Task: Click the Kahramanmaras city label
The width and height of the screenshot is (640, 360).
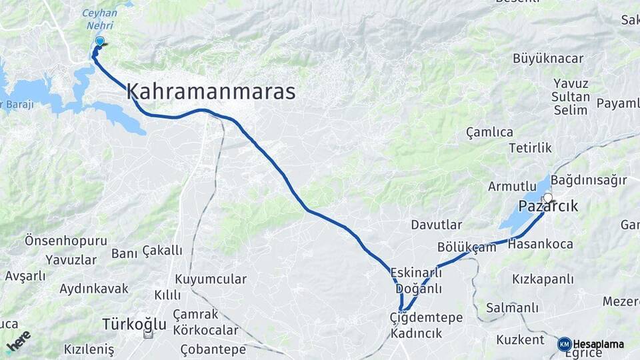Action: (211, 92)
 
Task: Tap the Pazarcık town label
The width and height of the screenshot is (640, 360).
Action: (548, 207)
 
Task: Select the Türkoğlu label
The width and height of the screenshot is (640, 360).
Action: (134, 325)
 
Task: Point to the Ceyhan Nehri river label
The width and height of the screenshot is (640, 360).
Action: (99, 19)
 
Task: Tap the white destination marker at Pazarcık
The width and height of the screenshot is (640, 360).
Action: (548, 197)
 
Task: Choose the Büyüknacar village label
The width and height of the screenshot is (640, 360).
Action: (548, 59)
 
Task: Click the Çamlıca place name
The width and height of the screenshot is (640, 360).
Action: (489, 132)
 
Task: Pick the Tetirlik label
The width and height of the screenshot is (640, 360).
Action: (531, 148)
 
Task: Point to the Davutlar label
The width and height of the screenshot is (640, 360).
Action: (437, 225)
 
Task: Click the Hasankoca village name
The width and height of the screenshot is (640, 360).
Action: (540, 245)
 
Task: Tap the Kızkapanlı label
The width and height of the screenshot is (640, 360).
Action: (543, 279)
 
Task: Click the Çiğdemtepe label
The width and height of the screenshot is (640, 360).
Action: (426, 318)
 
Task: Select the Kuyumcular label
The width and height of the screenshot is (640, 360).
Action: (211, 279)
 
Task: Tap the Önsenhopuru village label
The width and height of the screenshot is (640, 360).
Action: (65, 240)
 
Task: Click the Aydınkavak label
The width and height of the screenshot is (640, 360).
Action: (93, 289)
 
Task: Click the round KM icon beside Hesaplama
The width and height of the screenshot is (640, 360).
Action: (564, 344)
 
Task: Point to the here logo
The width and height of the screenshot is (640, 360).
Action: (19, 341)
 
